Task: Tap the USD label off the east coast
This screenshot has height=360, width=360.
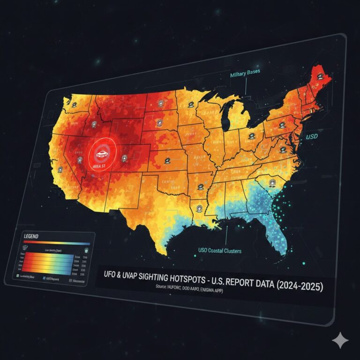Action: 312,137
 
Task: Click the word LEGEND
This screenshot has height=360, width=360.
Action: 29,236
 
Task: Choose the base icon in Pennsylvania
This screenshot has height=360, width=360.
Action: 281,125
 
